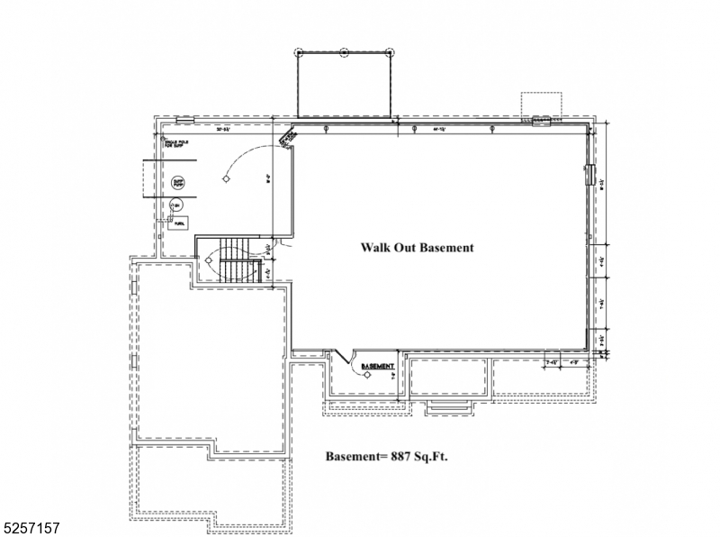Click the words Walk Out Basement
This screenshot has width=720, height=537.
tap(417, 247)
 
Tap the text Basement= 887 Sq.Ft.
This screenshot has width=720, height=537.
tap(386, 457)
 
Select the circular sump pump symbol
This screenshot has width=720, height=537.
tap(178, 183)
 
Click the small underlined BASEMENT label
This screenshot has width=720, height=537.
tap(377, 367)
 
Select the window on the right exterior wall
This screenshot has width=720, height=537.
tap(591, 175)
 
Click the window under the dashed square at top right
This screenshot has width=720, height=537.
tap(543, 122)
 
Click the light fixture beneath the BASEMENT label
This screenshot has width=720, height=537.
tap(368, 378)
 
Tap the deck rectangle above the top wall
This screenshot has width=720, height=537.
tap(344, 84)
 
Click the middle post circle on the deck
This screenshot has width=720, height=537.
tap(344, 52)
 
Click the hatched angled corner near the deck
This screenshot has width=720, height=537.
tap(289, 136)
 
